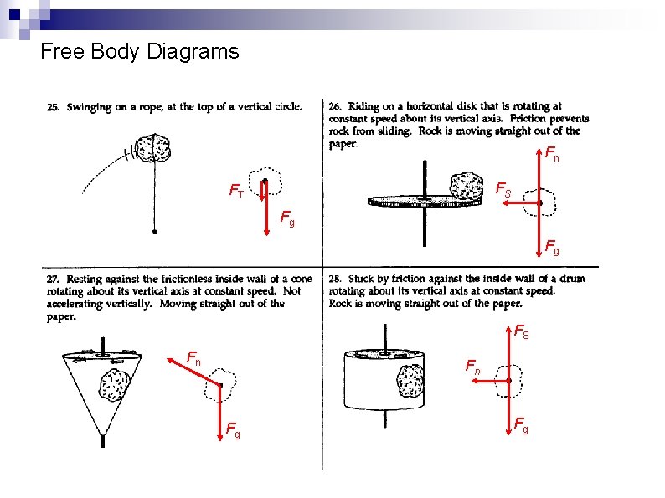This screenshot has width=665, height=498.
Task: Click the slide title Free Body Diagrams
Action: [x=139, y=52]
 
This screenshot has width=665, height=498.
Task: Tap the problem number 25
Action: [x=52, y=107]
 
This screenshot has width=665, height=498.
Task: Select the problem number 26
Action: [x=334, y=106]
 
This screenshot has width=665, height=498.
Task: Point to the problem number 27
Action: [x=52, y=280]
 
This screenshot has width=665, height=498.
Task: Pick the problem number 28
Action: [x=335, y=279]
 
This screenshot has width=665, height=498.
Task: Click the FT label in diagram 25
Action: [x=236, y=192]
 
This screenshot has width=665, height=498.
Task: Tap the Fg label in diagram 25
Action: [x=286, y=220]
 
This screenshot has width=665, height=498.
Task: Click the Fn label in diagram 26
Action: [x=551, y=154]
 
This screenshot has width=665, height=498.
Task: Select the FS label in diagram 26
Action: [x=504, y=191]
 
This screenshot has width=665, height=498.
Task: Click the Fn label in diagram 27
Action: [x=193, y=360]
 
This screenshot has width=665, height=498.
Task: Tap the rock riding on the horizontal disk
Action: [x=467, y=187]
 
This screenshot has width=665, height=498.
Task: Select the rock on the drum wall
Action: [x=410, y=382]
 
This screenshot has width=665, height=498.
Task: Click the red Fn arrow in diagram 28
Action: [x=490, y=381]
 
